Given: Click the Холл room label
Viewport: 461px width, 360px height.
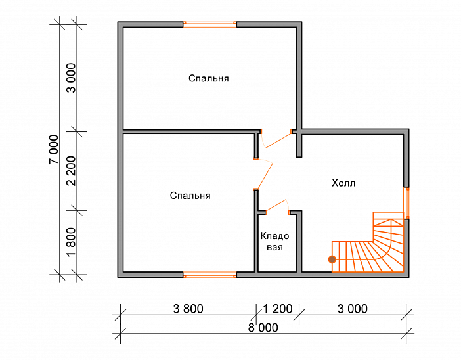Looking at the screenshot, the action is (x=343, y=183).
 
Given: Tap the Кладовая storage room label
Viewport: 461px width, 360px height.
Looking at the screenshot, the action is (x=274, y=241).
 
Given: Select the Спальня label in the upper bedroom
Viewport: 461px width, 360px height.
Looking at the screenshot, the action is (x=208, y=78).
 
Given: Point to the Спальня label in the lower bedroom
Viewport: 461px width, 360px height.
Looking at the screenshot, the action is (x=190, y=196).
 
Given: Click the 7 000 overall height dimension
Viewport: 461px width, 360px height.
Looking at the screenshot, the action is (x=54, y=149).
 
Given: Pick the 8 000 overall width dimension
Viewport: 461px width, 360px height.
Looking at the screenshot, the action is (x=263, y=328).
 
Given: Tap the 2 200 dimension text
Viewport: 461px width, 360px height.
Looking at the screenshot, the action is (x=71, y=171).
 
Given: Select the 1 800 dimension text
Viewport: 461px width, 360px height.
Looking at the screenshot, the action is (x=71, y=242).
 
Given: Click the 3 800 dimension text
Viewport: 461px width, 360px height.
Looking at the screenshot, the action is (x=188, y=309).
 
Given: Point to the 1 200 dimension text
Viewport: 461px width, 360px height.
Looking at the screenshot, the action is (x=278, y=309).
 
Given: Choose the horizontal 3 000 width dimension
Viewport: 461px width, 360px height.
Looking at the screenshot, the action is (x=353, y=309).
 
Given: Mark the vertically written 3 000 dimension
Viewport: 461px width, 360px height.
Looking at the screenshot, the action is (x=71, y=78).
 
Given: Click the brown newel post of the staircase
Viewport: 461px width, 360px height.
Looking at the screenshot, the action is (x=332, y=259).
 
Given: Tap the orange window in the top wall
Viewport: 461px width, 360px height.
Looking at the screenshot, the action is (x=209, y=24).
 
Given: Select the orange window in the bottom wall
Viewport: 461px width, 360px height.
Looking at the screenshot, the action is (x=209, y=275).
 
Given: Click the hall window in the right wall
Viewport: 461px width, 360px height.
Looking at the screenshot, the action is (x=406, y=203).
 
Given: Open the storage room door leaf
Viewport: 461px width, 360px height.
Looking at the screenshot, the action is (x=276, y=206).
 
